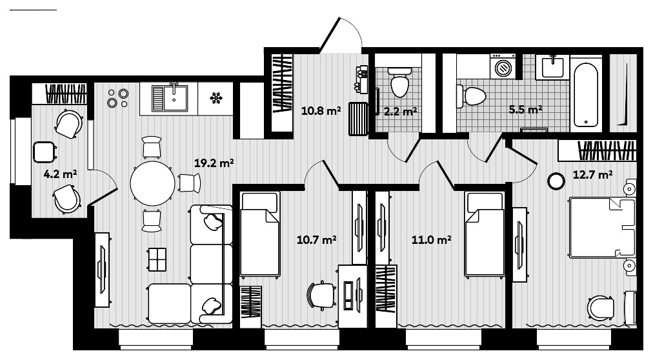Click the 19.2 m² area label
(214, 163)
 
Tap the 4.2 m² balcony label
(64, 174)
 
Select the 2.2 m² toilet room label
(400, 111)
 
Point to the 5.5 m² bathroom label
(525, 110)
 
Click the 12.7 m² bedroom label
(592, 174)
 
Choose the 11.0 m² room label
(430, 240)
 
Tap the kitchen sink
(172, 98)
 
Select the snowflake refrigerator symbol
(216, 98)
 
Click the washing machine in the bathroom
(503, 66)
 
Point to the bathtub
(587, 94)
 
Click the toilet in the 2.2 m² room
(399, 81)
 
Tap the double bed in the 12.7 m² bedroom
(602, 227)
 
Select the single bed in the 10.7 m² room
(259, 234)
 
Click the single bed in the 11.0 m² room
(485, 234)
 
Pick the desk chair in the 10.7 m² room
(321, 295)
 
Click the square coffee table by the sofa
(157, 260)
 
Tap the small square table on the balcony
(44, 153)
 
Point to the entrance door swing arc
(343, 32)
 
